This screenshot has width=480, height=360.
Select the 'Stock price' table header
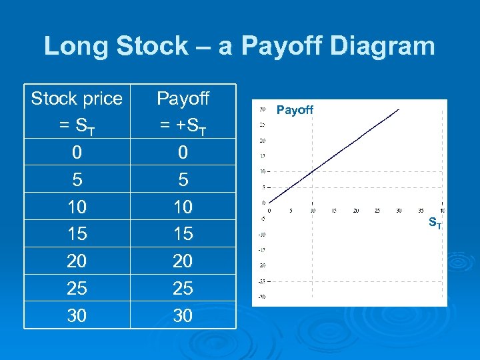point(77,99)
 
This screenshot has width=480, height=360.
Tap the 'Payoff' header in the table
point(183,99)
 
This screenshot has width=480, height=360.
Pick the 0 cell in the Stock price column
point(77,153)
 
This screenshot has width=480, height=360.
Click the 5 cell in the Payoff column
point(183,180)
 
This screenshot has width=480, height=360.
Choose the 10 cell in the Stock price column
point(77,207)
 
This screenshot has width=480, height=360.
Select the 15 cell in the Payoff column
point(183,234)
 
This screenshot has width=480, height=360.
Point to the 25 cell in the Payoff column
point(183,288)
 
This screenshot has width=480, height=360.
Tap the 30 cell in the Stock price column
point(77,315)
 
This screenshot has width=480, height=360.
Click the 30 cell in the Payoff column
point(183,315)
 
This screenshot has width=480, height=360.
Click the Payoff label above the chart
point(295,110)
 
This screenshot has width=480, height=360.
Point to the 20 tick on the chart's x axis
point(355,211)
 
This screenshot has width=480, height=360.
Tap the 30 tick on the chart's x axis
point(399,211)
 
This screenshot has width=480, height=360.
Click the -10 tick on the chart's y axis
point(262,234)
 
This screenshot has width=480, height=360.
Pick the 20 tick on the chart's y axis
point(262,141)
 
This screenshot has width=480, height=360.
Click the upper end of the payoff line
point(399,110)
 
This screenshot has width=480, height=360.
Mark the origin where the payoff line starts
point(269,203)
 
